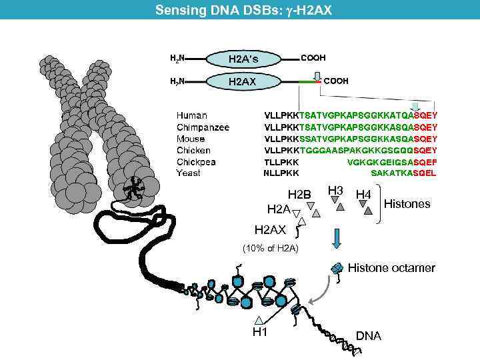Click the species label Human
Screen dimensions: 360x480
[x=191, y=115]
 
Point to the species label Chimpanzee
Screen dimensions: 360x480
[x=203, y=127]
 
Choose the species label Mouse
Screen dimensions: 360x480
[x=191, y=139]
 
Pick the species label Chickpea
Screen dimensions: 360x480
[x=196, y=162]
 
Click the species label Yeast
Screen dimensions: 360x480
[x=188, y=173]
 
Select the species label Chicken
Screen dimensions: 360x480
[x=193, y=151]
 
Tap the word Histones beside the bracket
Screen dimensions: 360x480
[x=407, y=204]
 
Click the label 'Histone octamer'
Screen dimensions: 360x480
[x=391, y=268]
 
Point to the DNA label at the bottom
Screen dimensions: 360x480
[x=369, y=336]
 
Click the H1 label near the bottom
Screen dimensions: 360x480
[x=259, y=333]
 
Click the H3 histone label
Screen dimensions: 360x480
[x=335, y=191]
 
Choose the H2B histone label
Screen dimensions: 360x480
[x=299, y=195]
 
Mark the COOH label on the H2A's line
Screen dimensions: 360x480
[x=313, y=58]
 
